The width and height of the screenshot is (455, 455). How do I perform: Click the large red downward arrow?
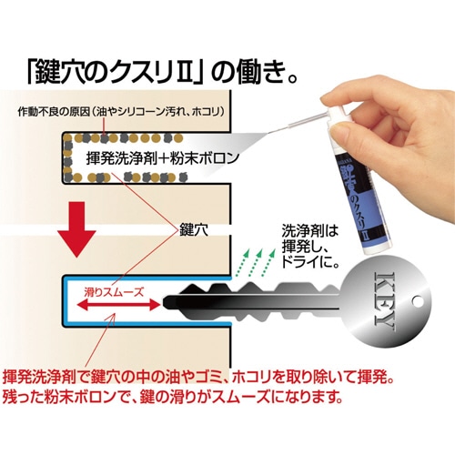[x=77, y=230]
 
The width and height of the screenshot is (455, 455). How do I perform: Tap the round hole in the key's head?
[x=420, y=302]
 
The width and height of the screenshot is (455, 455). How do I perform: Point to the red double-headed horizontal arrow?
[x=118, y=304]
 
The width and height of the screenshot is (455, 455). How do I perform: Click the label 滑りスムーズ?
[x=114, y=292]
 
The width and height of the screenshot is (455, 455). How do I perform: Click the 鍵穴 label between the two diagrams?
[x=194, y=230]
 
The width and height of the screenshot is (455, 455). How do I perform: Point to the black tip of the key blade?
[x=167, y=301]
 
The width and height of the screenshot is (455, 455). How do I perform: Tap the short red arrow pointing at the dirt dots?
[x=105, y=126]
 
